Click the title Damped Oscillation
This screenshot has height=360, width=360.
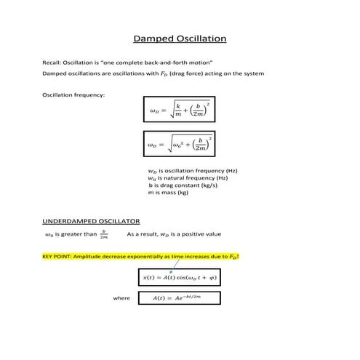[x=180, y=39]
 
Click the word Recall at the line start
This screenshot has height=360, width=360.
[x=52, y=63]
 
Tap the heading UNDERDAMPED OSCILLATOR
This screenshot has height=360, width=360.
[x=92, y=220]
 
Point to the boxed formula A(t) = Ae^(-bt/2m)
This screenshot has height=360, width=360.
[x=178, y=297]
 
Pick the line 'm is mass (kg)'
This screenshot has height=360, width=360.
[x=168, y=193]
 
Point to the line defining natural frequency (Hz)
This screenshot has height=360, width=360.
[x=188, y=178]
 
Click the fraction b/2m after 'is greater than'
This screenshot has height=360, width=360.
[x=104, y=234]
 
